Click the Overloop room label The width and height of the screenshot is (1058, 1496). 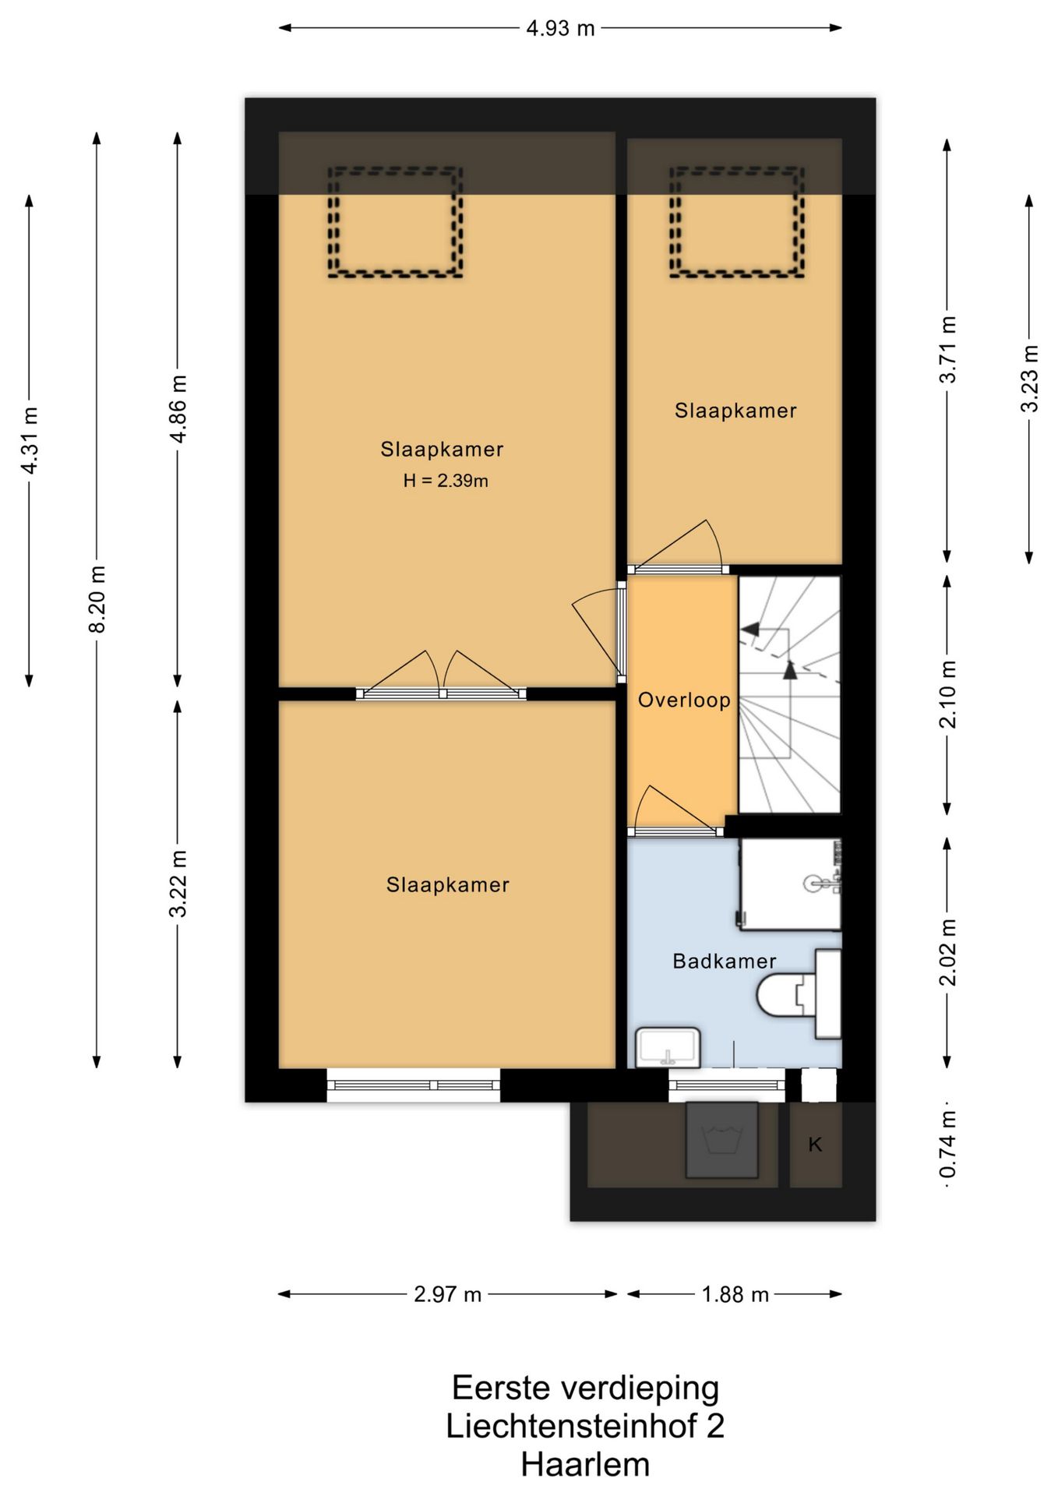pyautogui.click(x=684, y=700)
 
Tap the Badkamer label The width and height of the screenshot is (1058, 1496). pyautogui.click(x=725, y=961)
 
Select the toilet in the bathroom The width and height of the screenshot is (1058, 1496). pyautogui.click(x=799, y=994)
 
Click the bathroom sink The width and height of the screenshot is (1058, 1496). pyautogui.click(x=668, y=1047)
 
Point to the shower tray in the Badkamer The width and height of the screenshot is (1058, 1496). pyautogui.click(x=790, y=884)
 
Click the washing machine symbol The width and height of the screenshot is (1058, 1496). pyautogui.click(x=721, y=1140)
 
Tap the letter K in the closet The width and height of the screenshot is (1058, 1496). pyautogui.click(x=815, y=1144)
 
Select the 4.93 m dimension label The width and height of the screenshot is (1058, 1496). pyautogui.click(x=560, y=29)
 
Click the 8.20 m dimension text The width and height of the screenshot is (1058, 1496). pyautogui.click(x=97, y=599)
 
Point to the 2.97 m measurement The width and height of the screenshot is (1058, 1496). pyautogui.click(x=447, y=1294)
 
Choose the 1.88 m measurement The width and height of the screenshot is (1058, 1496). pyautogui.click(x=735, y=1294)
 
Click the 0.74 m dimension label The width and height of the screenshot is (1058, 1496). pyautogui.click(x=947, y=1145)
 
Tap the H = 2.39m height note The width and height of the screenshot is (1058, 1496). pyautogui.click(x=446, y=481)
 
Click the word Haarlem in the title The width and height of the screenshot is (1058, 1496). pyautogui.click(x=585, y=1465)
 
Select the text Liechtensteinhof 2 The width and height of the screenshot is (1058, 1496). pyautogui.click(x=585, y=1426)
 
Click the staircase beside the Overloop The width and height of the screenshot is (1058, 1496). pyautogui.click(x=789, y=694)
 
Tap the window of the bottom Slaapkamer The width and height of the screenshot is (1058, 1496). pyautogui.click(x=413, y=1085)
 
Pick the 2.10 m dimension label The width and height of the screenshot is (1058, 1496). pyautogui.click(x=947, y=694)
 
